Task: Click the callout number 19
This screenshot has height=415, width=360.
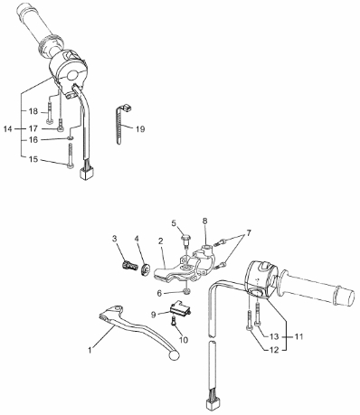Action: click(140, 129)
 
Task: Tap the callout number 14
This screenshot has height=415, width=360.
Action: click(8, 129)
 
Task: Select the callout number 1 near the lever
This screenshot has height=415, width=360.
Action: click(90, 350)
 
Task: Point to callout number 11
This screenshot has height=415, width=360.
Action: click(298, 336)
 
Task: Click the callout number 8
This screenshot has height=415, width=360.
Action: click(204, 221)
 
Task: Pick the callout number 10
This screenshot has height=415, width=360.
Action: click(184, 340)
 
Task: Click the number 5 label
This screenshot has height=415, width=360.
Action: click(174, 223)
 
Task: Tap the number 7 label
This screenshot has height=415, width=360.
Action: click(249, 233)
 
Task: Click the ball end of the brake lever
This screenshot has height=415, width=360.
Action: click(174, 354)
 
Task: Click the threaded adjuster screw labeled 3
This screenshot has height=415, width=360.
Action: click(128, 267)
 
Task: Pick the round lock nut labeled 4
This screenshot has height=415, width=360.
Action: click(146, 269)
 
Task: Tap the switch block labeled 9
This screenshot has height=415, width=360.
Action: click(180, 307)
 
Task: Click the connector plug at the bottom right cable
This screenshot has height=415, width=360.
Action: click(212, 403)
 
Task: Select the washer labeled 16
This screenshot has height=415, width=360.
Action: click(70, 138)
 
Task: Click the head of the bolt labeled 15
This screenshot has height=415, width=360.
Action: click(71, 166)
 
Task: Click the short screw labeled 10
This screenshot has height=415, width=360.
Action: click(174, 321)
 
